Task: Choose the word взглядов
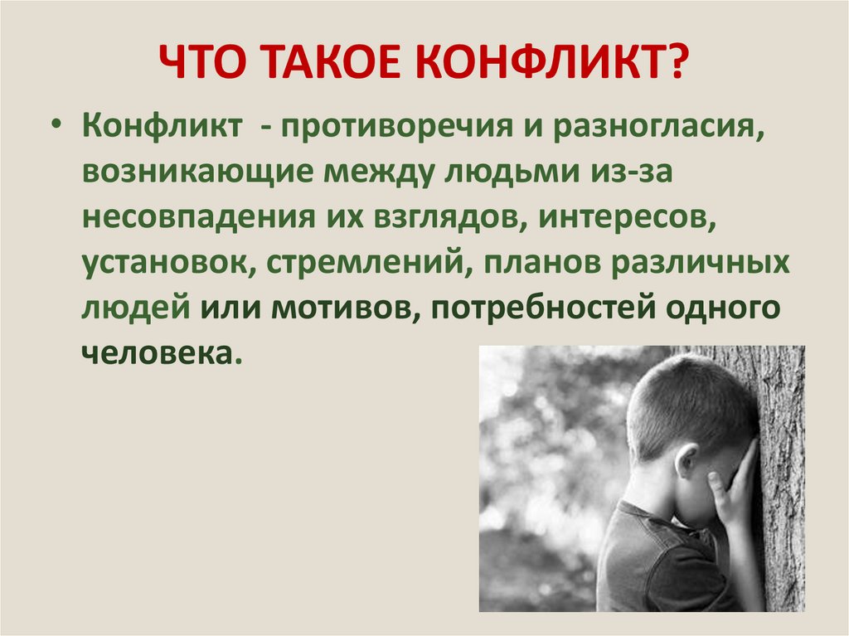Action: (444, 218)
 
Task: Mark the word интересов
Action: (628, 218)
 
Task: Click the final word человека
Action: (158, 352)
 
